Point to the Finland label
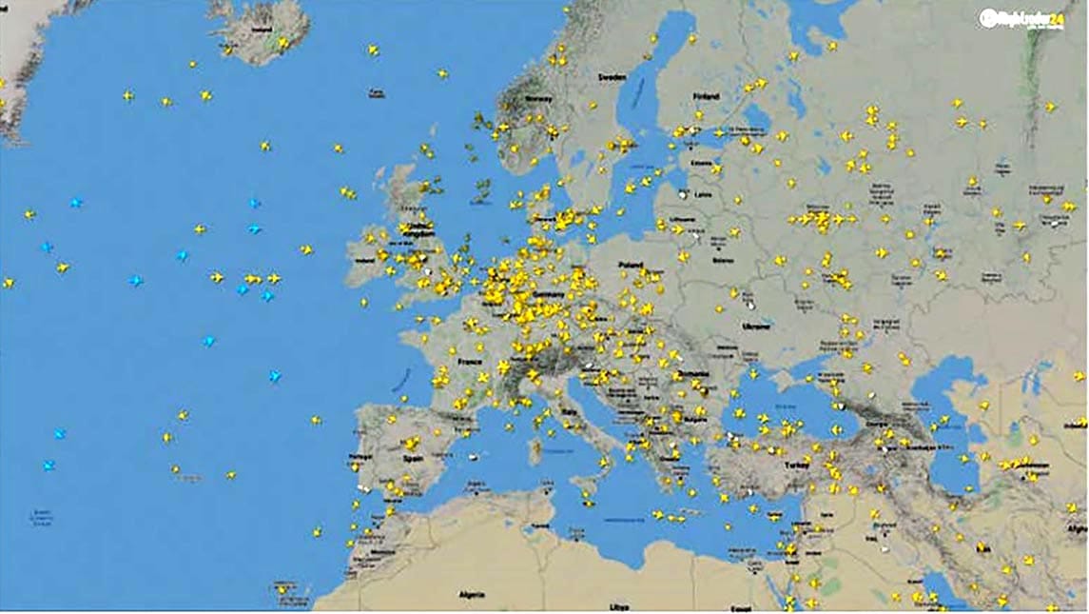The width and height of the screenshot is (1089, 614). coord(707,96)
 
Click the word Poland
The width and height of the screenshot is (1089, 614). coord(631,265)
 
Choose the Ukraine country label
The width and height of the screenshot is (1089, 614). coord(756,326)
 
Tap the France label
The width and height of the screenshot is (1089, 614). coord(469,362)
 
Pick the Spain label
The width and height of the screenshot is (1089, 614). coord(413,457)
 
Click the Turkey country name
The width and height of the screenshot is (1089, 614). coord(796,465)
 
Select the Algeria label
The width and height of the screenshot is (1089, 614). coord(472,594)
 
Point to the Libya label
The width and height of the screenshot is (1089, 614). coord(619,605)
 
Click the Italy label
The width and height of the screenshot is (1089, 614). coord(572,409)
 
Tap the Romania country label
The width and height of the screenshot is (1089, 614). coord(693,374)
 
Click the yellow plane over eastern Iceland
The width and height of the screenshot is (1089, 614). coord(282,43)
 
